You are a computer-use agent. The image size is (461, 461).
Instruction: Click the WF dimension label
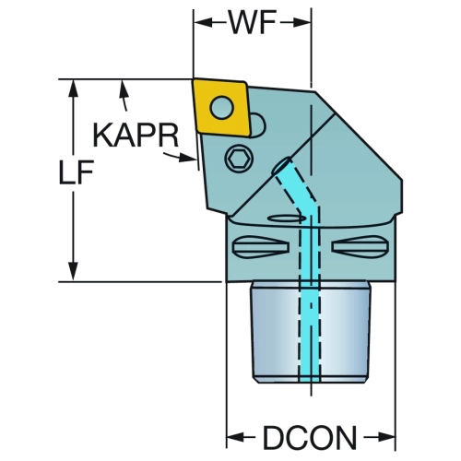tap(252, 22)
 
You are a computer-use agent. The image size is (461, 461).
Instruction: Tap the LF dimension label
tap(77, 172)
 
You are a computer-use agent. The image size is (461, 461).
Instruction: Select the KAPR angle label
tap(136, 136)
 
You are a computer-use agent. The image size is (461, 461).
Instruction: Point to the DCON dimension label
tap(310, 437)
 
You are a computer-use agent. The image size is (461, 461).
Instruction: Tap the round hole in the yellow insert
tap(221, 107)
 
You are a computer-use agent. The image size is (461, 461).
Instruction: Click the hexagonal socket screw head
tap(239, 159)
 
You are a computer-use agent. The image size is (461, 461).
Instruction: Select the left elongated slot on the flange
tap(260, 246)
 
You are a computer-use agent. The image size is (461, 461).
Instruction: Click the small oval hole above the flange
tap(287, 219)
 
